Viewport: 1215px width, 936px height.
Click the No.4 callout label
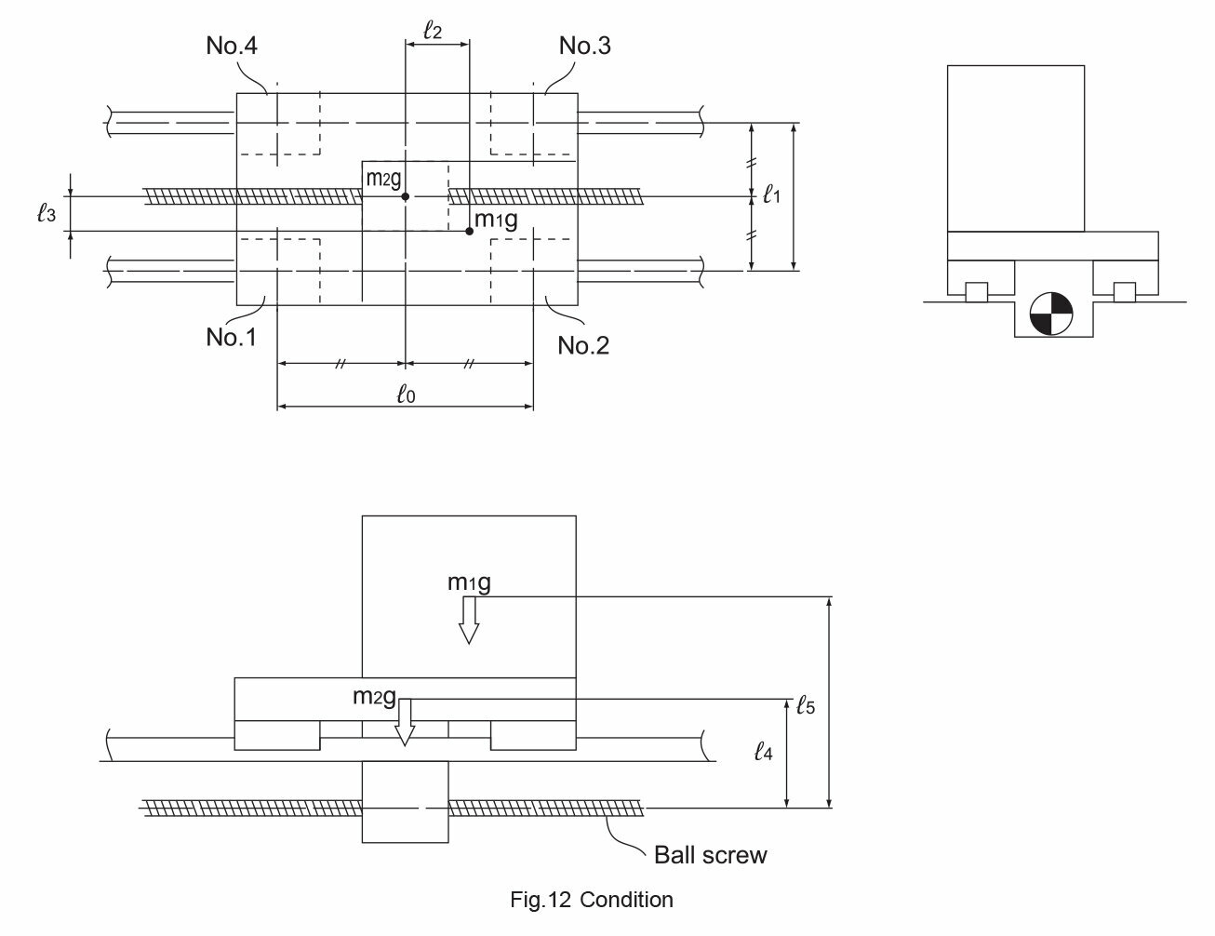(232, 46)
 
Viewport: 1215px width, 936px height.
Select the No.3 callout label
(585, 46)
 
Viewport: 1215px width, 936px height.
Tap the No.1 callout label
(232, 337)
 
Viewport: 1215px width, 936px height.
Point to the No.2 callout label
(583, 345)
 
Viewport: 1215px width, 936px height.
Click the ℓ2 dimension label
(433, 30)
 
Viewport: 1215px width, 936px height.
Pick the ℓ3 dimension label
(47, 213)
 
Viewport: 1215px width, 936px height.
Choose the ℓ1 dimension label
(771, 194)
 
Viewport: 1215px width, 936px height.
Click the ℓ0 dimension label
(406, 394)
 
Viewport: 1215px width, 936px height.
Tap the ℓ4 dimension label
(763, 752)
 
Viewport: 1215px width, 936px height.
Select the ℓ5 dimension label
(806, 705)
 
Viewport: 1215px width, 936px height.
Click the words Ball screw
(710, 855)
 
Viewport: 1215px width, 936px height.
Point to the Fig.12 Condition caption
(592, 900)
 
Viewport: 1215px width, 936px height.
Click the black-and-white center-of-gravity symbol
(1051, 314)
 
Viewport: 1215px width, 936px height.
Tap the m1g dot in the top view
(469, 231)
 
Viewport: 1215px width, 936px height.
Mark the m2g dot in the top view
(406, 197)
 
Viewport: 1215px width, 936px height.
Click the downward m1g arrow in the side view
(469, 620)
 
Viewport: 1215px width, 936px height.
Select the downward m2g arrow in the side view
(405, 722)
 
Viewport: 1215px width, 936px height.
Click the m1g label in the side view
(469, 583)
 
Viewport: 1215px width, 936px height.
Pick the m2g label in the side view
(374, 697)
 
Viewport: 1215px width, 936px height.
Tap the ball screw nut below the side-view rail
(406, 802)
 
